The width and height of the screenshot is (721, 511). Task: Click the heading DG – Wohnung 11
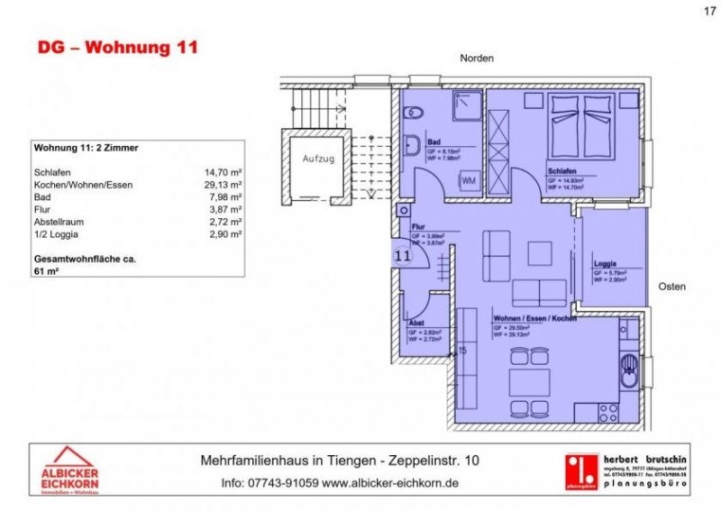coord(116,48)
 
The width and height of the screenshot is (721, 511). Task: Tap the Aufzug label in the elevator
coord(317,159)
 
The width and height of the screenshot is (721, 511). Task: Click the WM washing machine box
coord(469,181)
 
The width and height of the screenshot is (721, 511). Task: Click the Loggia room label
coord(606,264)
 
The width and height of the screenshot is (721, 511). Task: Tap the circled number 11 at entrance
coord(402,255)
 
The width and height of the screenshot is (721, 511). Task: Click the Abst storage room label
coord(416,323)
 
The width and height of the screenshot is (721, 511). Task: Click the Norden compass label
coord(477,58)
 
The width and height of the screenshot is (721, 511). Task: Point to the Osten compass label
coord(671,287)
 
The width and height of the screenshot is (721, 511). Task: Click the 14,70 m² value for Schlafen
coord(224,171)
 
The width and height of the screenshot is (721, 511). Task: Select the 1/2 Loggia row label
coord(57,234)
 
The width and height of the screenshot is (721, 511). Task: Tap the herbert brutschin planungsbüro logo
coord(623,470)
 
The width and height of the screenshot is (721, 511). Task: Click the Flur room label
coord(418,228)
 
